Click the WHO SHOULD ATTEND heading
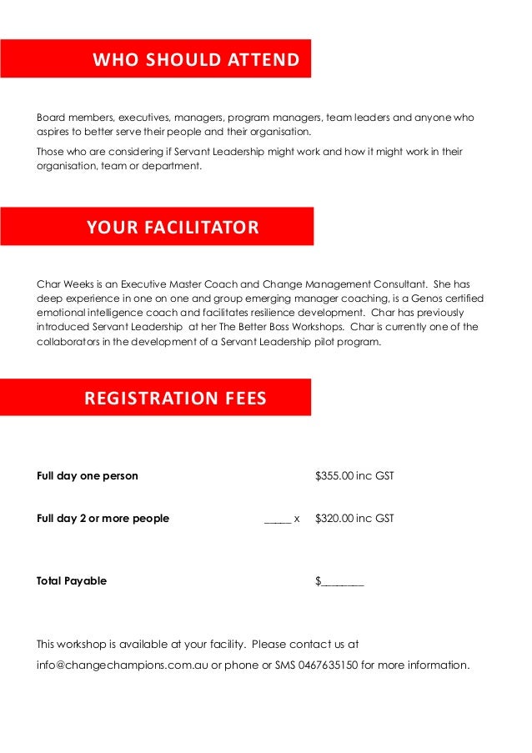point(195,60)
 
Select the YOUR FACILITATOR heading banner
point(173,227)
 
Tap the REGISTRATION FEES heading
point(175,399)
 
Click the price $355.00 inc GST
point(354,476)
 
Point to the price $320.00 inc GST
point(354,518)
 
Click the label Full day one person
point(88,476)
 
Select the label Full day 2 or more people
point(103,518)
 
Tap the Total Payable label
point(72,580)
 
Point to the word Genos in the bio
point(406,299)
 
